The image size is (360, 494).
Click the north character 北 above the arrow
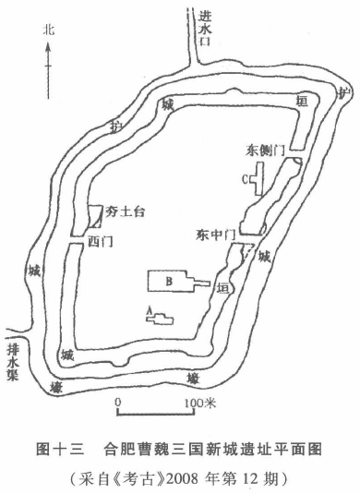[x=49, y=30]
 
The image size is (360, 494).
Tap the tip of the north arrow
[x=48, y=43]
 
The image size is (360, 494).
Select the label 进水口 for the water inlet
[x=205, y=29]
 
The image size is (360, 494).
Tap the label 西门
[x=100, y=242]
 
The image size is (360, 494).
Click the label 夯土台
[x=125, y=211]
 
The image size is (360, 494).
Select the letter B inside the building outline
[x=169, y=281]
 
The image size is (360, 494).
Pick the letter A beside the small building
[x=150, y=311]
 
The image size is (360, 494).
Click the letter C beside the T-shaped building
[x=245, y=179]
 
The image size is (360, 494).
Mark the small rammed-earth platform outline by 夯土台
[x=95, y=216]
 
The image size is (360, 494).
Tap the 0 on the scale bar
[x=118, y=403]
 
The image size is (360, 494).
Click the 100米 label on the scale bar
[x=200, y=403]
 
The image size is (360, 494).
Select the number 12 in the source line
[x=250, y=479]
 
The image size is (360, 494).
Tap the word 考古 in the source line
[x=143, y=479]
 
